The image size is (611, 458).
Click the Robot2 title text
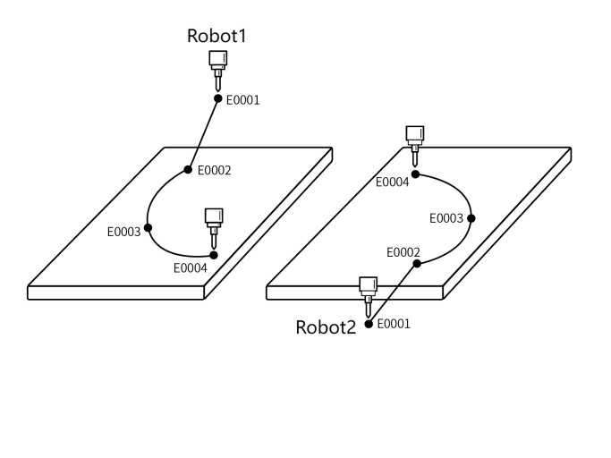coord(327,327)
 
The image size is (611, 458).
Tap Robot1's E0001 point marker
coord(217,98)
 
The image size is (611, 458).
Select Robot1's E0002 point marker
coord(188,169)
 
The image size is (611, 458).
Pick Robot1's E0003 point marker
coord(149,231)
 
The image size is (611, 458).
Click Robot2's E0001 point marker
coord(369,323)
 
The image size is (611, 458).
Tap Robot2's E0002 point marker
coord(417,264)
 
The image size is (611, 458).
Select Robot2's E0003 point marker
coord(471,217)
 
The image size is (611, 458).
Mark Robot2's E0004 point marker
coord(414,174)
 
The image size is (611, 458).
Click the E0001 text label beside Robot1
coord(242,100)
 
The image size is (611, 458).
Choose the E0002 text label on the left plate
coord(214,170)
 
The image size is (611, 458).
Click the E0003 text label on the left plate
coord(124,231)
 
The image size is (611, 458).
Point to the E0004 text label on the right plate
coord(393,182)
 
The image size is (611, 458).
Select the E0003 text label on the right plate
coord(446,217)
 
